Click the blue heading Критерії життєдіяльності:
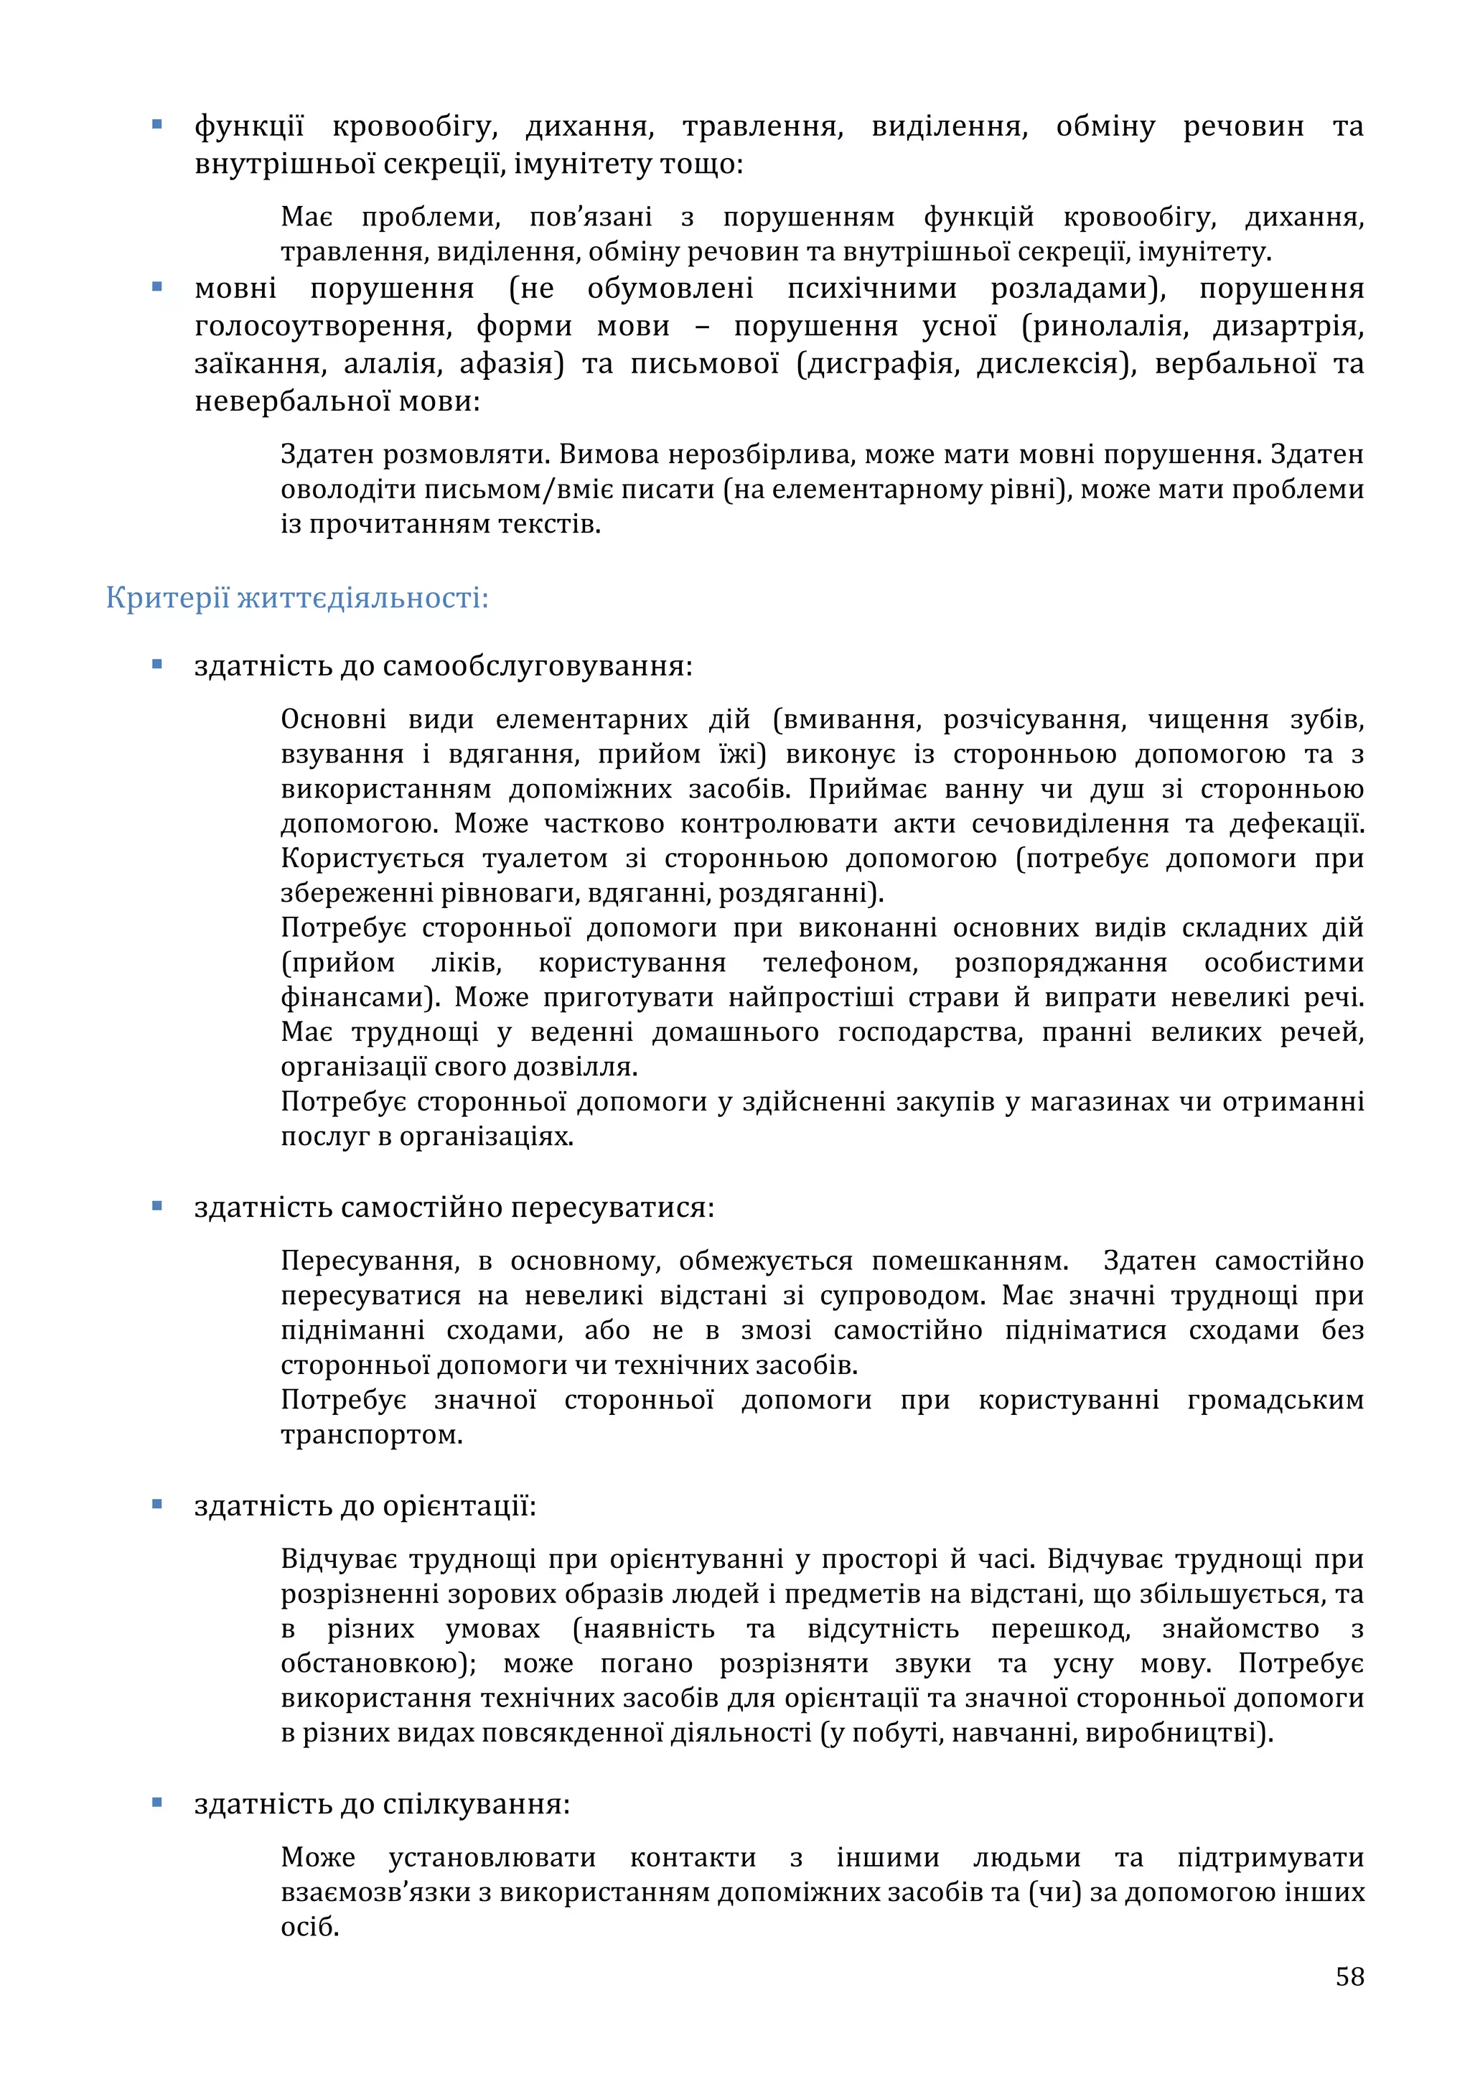point(297,599)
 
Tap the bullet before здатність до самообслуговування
point(156,665)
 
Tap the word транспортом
point(371,1434)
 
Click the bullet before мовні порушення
point(156,287)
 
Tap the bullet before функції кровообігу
point(156,125)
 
